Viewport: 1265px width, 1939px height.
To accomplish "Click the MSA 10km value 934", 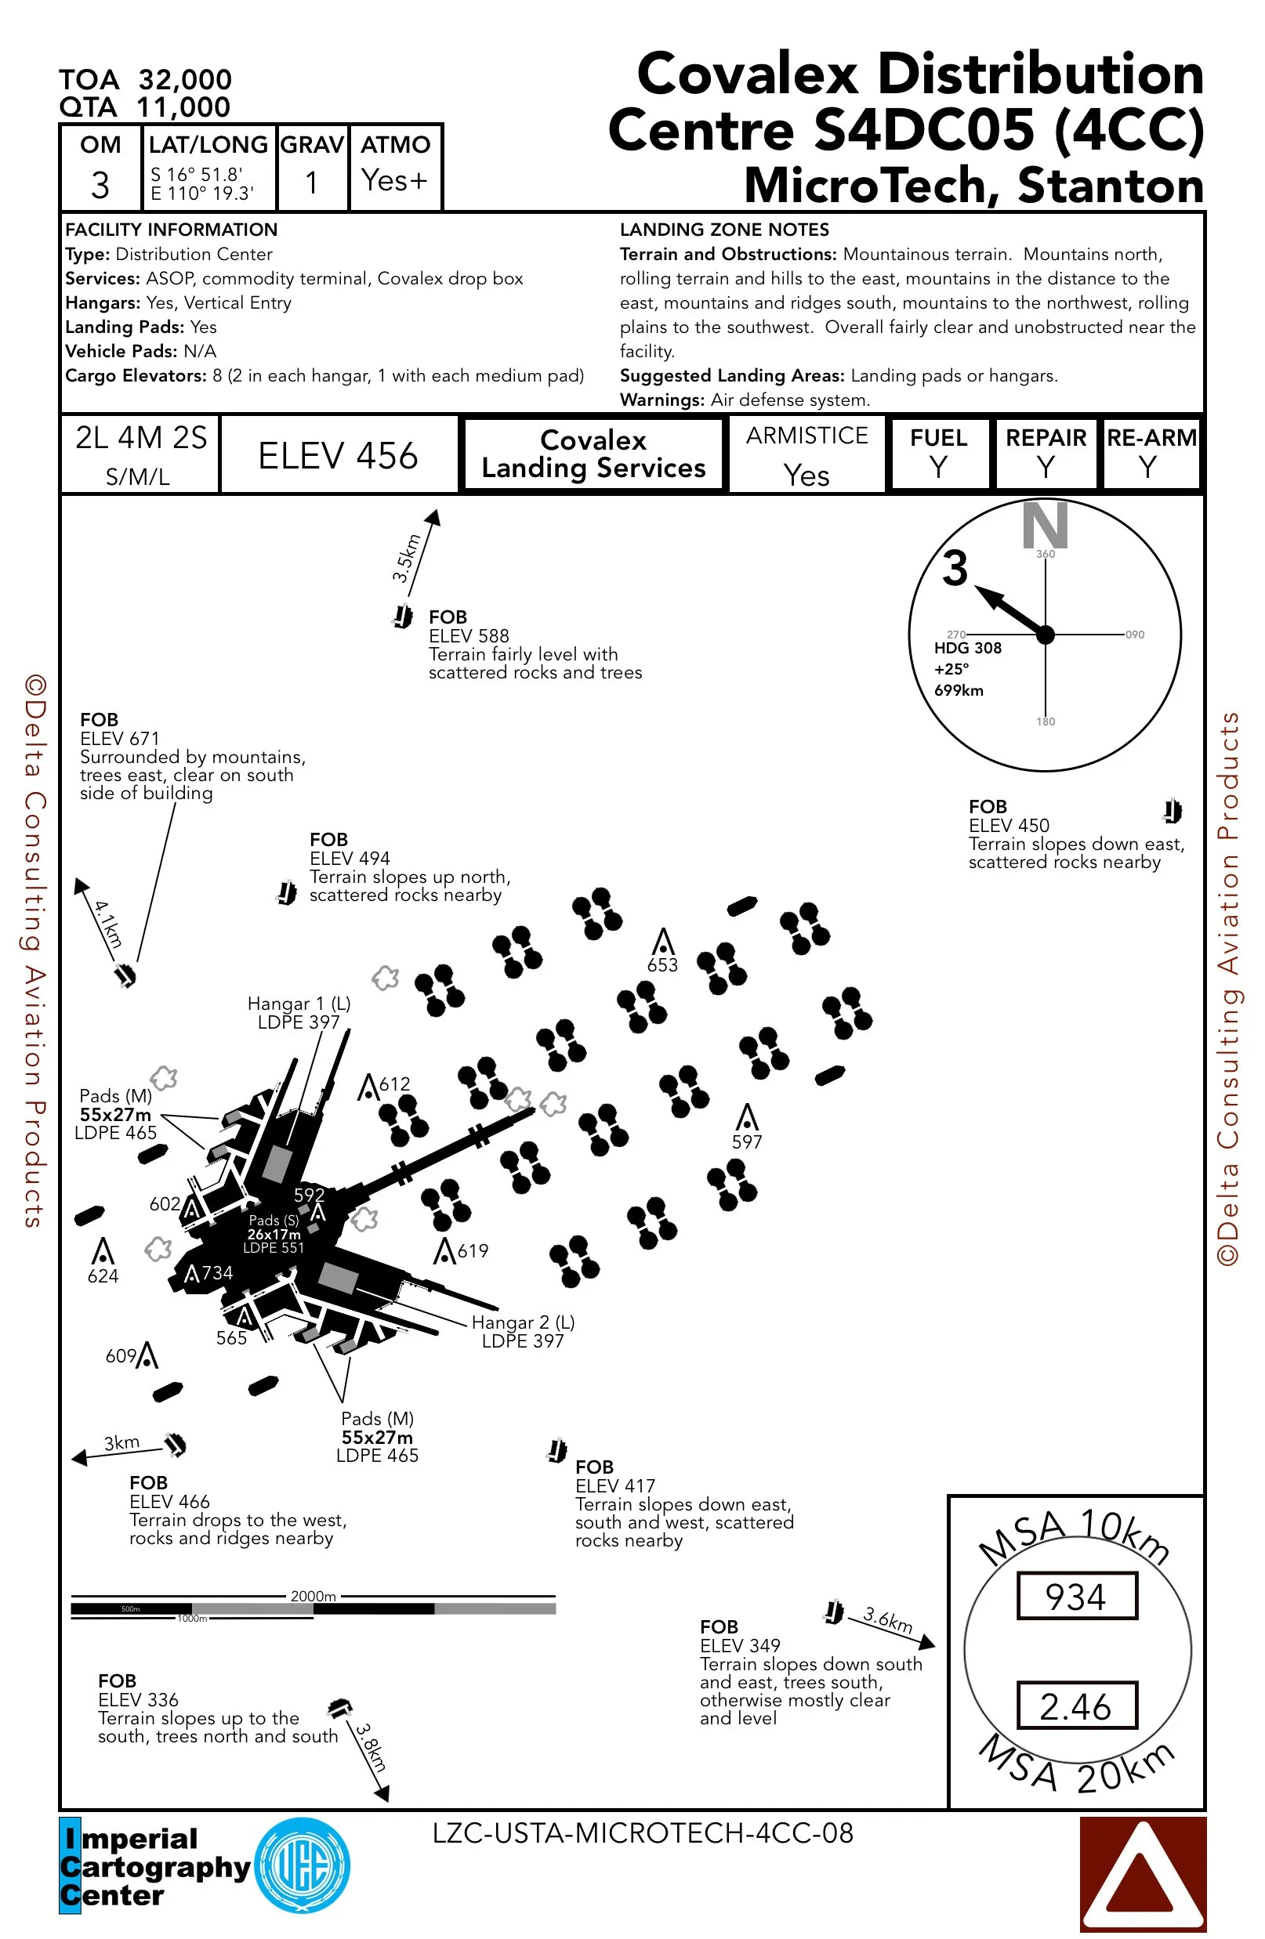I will click(x=1075, y=1596).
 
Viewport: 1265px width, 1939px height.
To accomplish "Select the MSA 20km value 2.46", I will click(x=1075, y=1706).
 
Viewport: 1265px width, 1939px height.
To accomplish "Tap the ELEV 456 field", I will click(x=338, y=455).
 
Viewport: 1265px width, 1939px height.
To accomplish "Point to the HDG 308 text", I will click(x=967, y=648).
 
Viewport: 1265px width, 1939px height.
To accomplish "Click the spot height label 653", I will click(x=661, y=965).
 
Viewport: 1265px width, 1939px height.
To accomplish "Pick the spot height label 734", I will click(x=217, y=1272).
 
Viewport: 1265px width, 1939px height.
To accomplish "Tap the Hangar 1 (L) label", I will click(x=299, y=1004).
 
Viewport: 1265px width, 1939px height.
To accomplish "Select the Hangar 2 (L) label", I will click(x=523, y=1322).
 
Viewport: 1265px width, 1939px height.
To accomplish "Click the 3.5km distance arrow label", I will click(x=406, y=557).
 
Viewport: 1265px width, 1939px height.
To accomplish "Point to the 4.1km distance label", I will click(x=108, y=924).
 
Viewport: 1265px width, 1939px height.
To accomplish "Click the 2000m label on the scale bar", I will click(x=313, y=1596).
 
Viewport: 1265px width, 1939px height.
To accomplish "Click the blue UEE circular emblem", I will click(x=303, y=1865).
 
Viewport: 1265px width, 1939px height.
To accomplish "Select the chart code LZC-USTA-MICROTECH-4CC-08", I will click(x=642, y=1833).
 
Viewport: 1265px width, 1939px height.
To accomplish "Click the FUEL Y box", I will click(x=939, y=454).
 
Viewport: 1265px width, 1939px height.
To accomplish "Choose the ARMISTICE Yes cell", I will click(x=806, y=455).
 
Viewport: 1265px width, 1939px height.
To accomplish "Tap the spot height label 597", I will click(x=747, y=1142).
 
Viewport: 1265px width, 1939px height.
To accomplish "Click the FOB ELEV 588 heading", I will click(x=448, y=617).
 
